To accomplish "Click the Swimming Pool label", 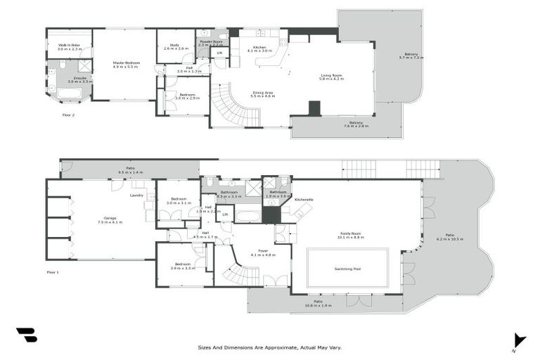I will pos(347,268).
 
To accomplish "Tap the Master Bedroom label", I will pos(127,63).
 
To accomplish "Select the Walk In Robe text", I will pos(69,46).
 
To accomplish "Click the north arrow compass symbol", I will pos(519,340).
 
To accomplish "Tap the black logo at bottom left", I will pos(26,335).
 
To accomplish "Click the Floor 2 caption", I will pos(68,114).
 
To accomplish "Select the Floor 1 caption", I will pos(53,271).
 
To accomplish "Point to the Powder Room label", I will pos(211,42).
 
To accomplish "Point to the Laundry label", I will pos(136,195).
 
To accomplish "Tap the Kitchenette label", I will pos(304,200).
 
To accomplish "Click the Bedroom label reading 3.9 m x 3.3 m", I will pos(183,264).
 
